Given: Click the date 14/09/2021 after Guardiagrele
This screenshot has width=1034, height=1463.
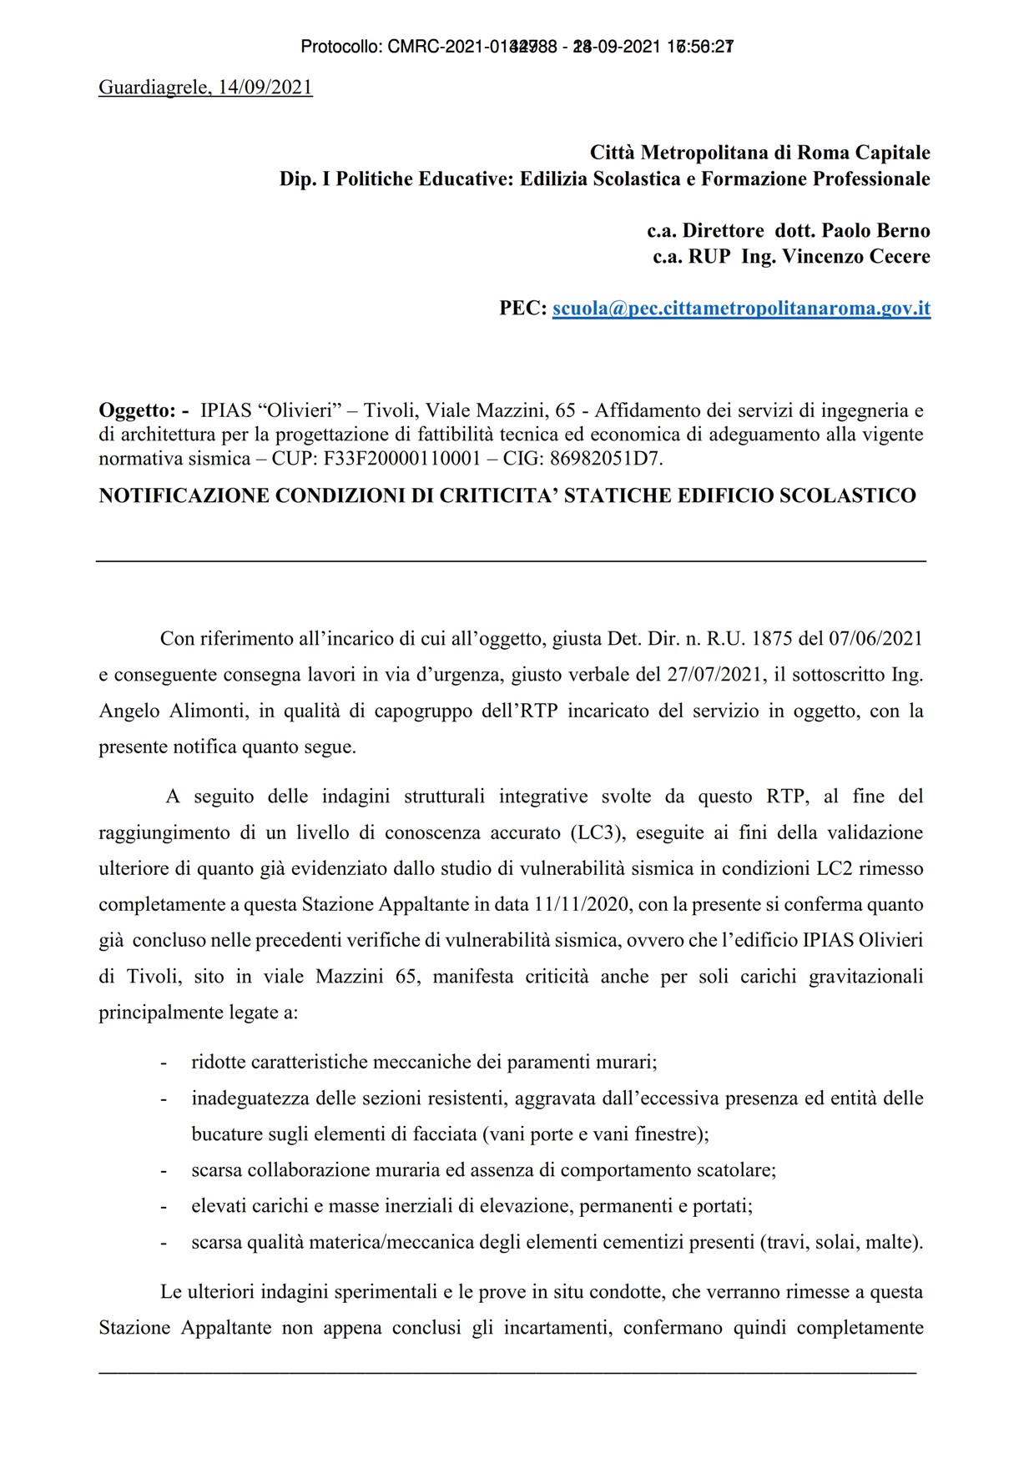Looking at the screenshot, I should coord(265,88).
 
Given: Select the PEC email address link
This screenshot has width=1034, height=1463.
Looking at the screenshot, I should coord(741,309).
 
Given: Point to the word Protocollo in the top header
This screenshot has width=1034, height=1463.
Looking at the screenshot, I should coord(340,48).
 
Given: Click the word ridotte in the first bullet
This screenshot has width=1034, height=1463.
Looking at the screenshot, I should coord(219,1063).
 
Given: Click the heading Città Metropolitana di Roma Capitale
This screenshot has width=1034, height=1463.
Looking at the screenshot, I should coord(759,153).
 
